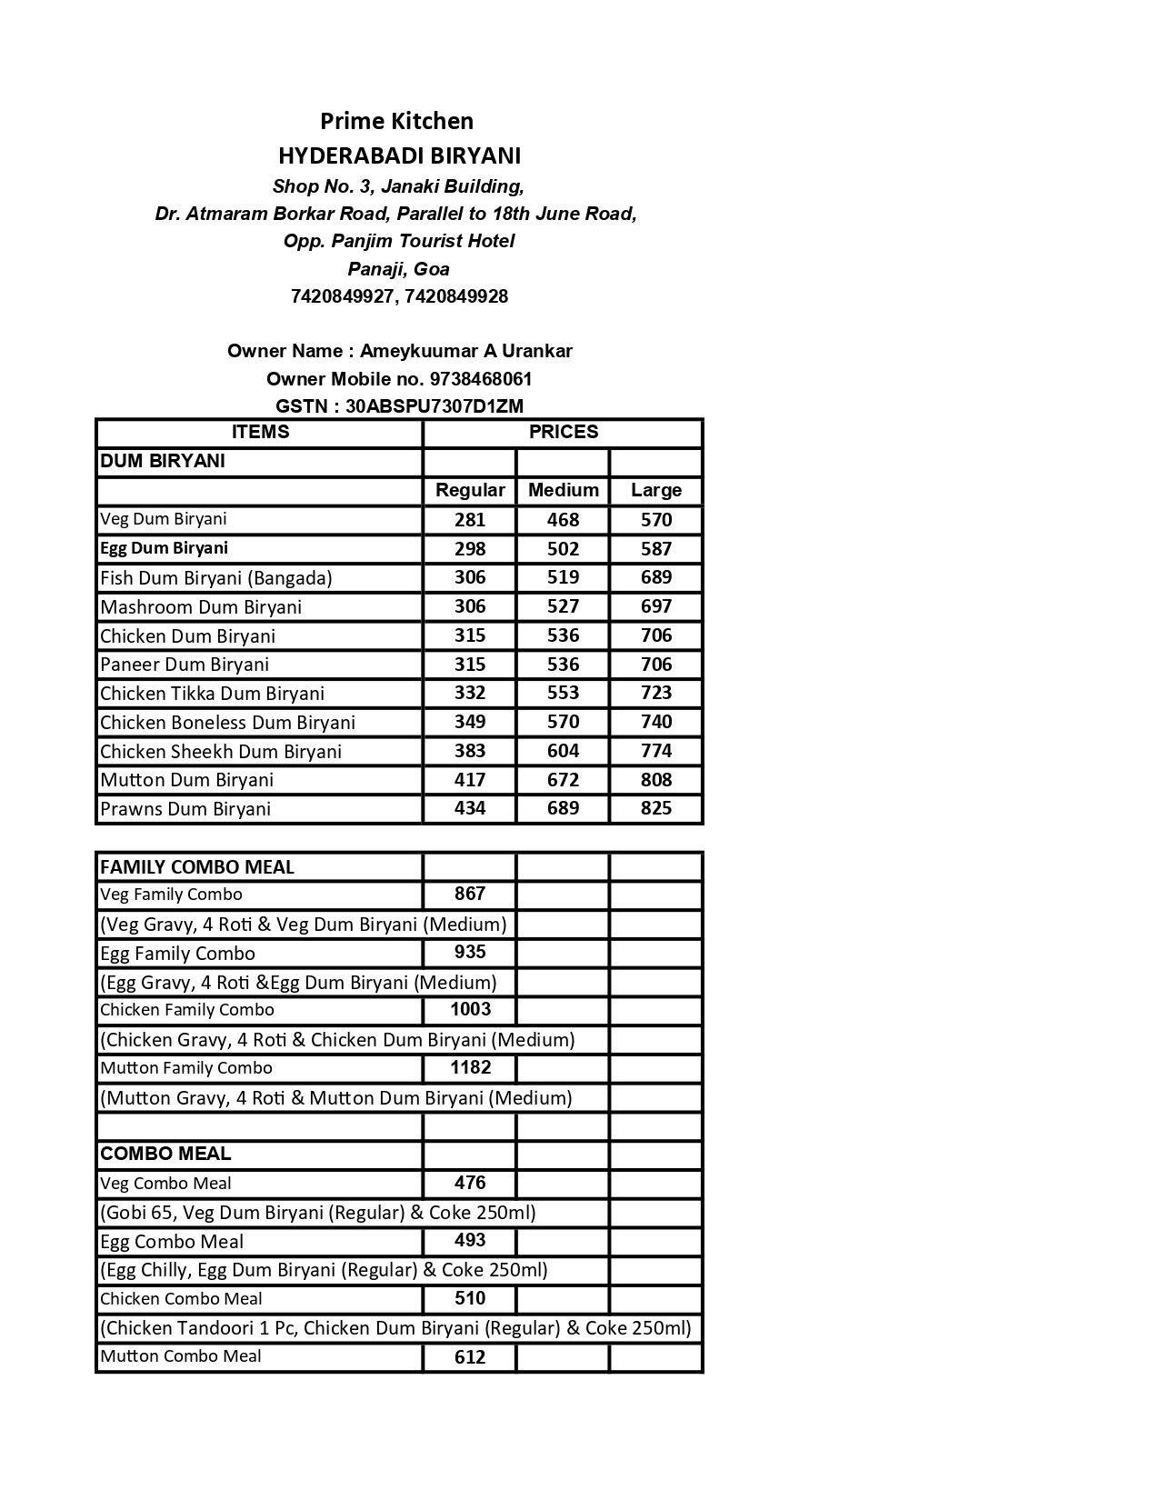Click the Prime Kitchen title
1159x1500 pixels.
coord(396,121)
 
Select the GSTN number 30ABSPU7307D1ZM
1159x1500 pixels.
coord(434,406)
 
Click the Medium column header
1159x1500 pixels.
coord(563,490)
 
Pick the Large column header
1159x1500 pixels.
coord(655,490)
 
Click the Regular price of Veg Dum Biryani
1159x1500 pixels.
coord(470,520)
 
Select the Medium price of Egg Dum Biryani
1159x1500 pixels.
coord(563,549)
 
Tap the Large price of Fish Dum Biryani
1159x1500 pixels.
coord(655,577)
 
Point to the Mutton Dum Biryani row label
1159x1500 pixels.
coord(186,780)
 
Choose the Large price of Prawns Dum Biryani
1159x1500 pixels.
coord(655,808)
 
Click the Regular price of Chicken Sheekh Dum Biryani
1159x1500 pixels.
coord(470,751)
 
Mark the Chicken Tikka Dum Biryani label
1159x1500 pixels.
coord(212,694)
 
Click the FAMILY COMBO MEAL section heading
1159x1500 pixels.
coord(197,867)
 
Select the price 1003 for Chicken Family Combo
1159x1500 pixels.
coord(470,1009)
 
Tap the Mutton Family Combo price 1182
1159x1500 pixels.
coord(470,1067)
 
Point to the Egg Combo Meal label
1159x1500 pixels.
coord(172,1242)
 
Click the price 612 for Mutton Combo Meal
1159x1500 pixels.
coord(470,1357)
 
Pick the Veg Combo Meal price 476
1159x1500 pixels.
coord(470,1183)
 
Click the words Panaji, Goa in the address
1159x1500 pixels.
coord(398,269)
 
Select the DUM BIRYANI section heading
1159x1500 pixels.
coord(163,461)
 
